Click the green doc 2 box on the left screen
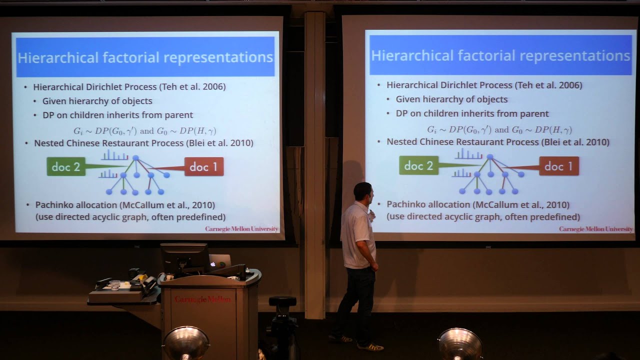point(66,167)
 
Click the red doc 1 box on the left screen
point(204,166)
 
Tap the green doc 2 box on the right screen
point(419,165)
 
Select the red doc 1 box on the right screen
point(559,166)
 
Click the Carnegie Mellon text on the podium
point(203,299)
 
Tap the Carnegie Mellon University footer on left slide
point(241,229)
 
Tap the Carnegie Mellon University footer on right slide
point(595,229)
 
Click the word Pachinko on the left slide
point(54,205)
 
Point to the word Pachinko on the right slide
point(406,204)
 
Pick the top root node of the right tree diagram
point(489,157)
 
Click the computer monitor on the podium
point(184,257)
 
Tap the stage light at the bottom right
point(460,344)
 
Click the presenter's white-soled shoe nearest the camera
point(370,346)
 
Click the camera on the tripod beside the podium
point(282,303)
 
